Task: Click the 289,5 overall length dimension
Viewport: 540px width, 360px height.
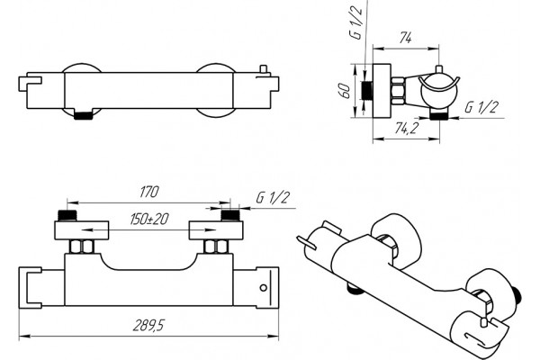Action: [x=148, y=325]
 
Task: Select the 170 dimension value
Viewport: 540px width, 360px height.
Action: [x=149, y=192]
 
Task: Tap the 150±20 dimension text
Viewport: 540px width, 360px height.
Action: [x=149, y=219]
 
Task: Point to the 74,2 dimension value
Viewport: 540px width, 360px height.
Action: [x=407, y=128]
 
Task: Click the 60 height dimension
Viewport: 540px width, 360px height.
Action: [x=345, y=91]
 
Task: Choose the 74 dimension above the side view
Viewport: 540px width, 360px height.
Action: [x=406, y=38]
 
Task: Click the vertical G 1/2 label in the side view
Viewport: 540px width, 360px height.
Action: [x=356, y=22]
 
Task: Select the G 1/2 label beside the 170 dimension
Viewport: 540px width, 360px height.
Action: [x=273, y=198]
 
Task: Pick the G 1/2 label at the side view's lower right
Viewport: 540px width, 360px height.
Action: [x=481, y=107]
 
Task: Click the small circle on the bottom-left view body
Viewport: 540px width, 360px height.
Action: [x=264, y=288]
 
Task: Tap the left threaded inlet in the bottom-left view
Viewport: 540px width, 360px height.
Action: [x=67, y=215]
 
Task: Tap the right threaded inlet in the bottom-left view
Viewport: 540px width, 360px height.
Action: [x=229, y=215]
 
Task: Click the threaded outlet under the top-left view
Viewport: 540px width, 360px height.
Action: [x=84, y=116]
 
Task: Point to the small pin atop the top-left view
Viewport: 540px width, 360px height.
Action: [x=264, y=69]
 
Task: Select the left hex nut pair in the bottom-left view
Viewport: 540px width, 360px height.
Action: [x=82, y=247]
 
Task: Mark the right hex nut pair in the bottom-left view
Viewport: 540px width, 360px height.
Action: [x=216, y=247]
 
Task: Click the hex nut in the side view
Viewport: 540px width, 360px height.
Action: [x=398, y=91]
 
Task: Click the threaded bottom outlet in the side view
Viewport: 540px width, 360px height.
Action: [x=438, y=116]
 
